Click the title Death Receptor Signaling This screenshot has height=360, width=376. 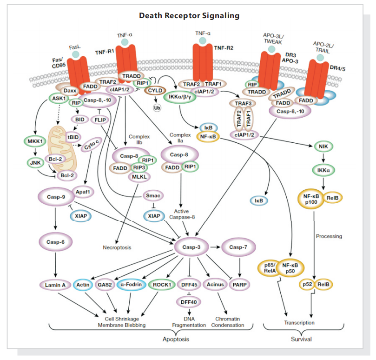click(189, 16)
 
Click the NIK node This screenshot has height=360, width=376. click(321, 146)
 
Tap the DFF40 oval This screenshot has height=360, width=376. click(189, 301)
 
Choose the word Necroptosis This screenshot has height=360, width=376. click(117, 247)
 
